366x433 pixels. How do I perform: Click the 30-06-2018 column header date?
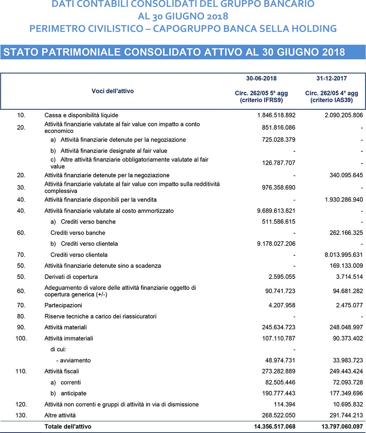tap(264, 78)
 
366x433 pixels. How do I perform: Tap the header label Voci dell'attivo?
tap(113, 91)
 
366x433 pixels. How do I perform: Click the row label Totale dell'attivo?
tap(68, 426)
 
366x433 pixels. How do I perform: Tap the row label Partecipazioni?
tap(63, 305)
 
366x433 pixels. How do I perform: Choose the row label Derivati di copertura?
tap(71, 277)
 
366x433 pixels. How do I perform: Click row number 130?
tap(22, 415)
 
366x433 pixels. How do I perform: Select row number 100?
tap(22, 338)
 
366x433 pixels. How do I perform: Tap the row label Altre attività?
tap(60, 415)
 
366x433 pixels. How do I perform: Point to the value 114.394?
tap(284, 405)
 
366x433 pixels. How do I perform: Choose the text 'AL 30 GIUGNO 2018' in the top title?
tap(183, 17)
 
